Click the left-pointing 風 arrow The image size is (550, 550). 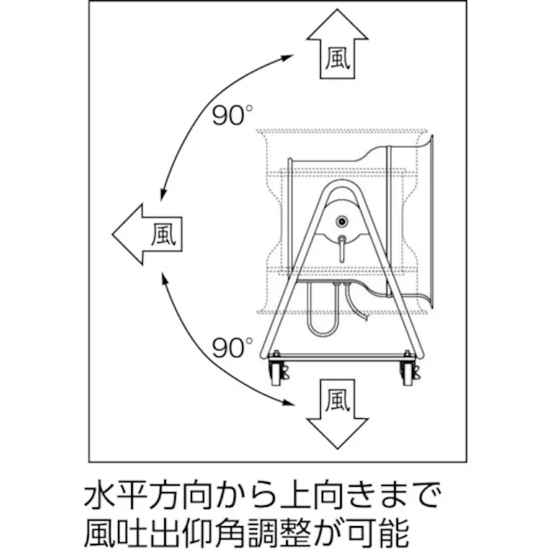point(147,234)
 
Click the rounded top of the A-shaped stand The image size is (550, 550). point(340,185)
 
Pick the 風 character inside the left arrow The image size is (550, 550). point(163,234)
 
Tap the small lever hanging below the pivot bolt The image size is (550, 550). point(340,247)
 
